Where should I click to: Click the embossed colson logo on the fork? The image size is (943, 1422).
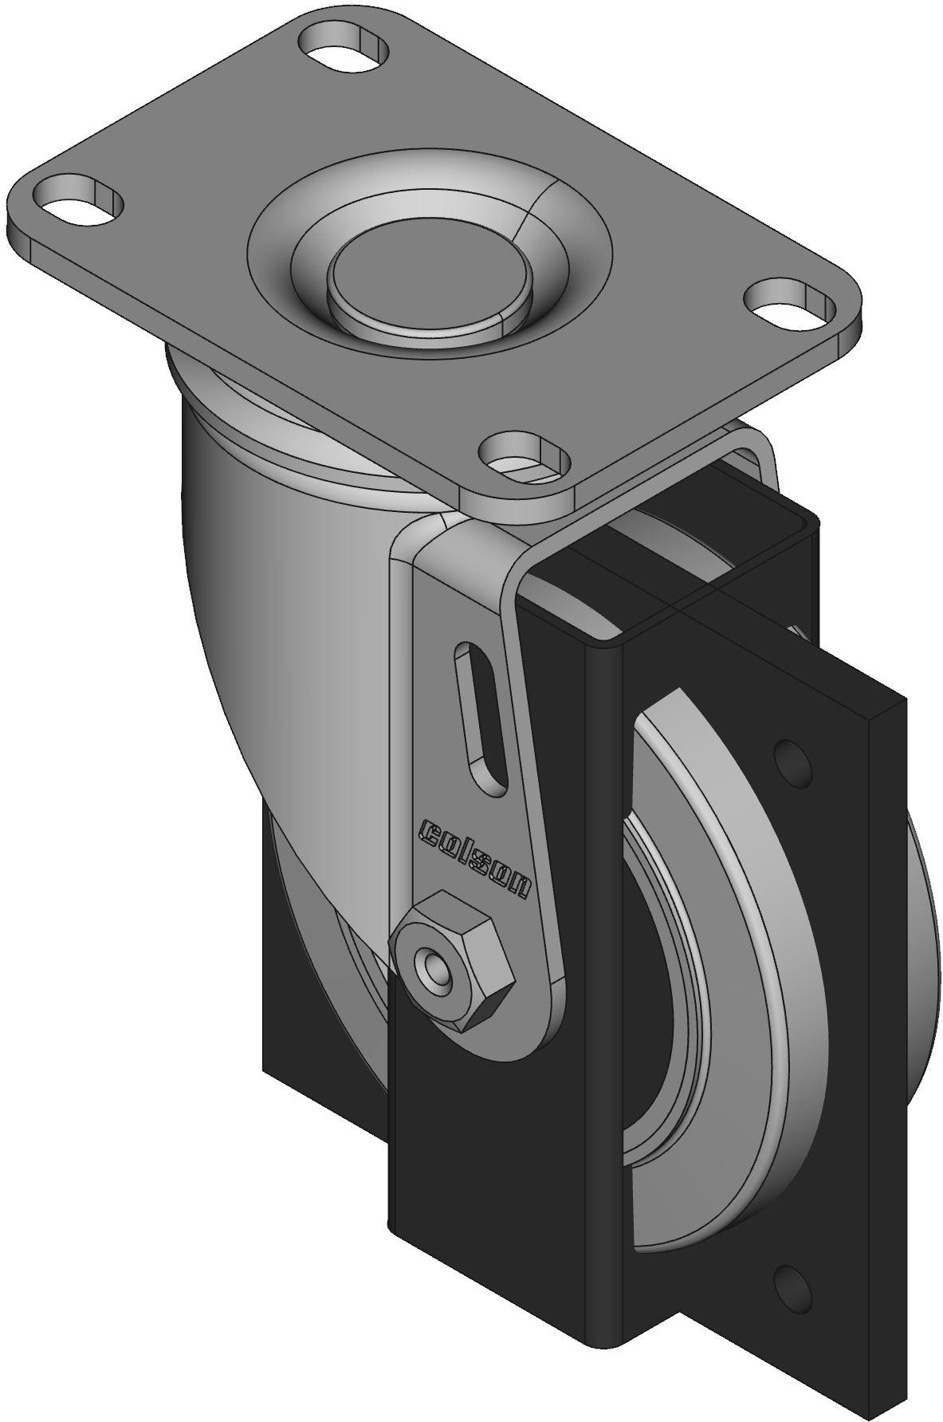click(474, 858)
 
